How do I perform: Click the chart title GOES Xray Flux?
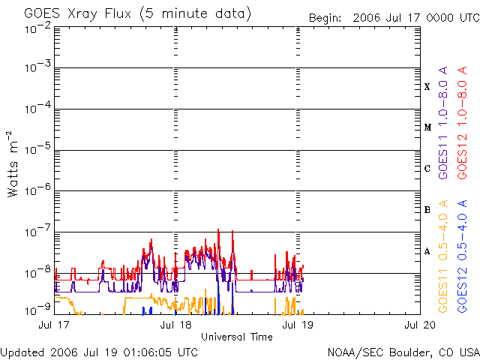pos(137,13)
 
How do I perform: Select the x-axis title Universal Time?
pos(236,337)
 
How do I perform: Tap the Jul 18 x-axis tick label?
pos(177,325)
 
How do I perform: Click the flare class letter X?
pos(427,86)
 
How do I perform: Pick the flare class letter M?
pos(427,127)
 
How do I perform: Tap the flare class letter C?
pos(427,169)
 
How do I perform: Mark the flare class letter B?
pos(427,210)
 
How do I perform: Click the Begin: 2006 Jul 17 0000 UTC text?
pos(392,17)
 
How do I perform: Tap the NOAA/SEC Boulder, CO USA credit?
pos(403,352)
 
